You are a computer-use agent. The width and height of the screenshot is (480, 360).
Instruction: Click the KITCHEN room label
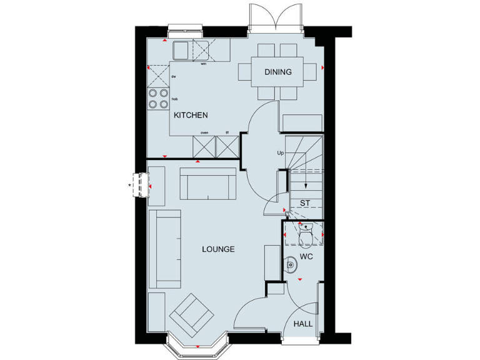pos(191,116)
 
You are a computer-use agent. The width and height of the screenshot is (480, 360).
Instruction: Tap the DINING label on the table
pos(277,72)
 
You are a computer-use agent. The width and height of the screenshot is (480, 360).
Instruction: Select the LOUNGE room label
pos(218,249)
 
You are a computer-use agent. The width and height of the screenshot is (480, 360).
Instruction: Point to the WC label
pos(306,257)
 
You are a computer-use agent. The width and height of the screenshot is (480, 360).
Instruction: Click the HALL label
pos(304,324)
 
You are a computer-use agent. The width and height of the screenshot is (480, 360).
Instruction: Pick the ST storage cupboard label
pos(305,203)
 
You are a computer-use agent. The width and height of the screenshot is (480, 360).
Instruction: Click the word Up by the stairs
pos(280,152)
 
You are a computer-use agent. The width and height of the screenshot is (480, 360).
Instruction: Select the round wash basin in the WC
pos(291,266)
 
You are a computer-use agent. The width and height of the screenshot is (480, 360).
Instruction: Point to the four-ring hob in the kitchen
pos(157,99)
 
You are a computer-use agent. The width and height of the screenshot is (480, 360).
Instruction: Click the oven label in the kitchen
pos(204,132)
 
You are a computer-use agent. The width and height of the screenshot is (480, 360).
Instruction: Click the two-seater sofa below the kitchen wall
pos(207,182)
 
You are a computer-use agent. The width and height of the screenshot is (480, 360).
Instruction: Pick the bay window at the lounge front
pos(197,344)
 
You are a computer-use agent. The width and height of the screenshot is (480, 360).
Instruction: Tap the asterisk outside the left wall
pos(129,185)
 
